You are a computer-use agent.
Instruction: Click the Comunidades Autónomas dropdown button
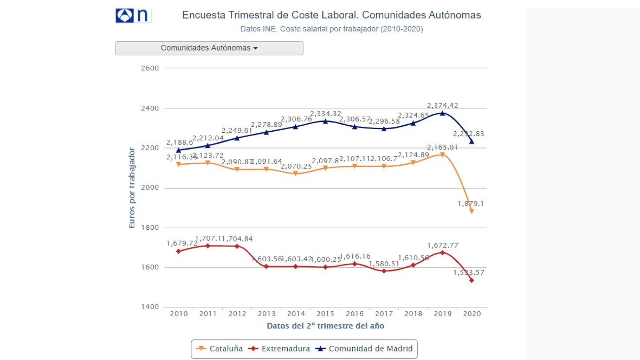coord(209,48)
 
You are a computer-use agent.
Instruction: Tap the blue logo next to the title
coord(125,15)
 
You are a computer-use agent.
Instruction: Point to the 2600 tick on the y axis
coord(150,68)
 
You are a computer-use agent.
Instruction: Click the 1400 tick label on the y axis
coord(150,307)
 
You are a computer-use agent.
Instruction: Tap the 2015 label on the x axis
coord(325,314)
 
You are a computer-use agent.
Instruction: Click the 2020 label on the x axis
coord(472,314)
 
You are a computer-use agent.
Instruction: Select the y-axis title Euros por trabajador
coord(132,188)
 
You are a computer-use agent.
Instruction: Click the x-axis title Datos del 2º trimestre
coord(325,326)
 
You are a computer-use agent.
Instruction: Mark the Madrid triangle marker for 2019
coord(442,113)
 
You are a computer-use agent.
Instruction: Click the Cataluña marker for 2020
coord(472,211)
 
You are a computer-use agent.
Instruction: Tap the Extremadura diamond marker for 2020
coord(472,280)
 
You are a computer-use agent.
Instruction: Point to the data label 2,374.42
coord(442,106)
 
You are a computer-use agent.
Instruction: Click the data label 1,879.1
coord(471,204)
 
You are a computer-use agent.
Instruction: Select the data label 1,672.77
coord(442,246)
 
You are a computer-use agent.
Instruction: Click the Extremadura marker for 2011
coord(208,246)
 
